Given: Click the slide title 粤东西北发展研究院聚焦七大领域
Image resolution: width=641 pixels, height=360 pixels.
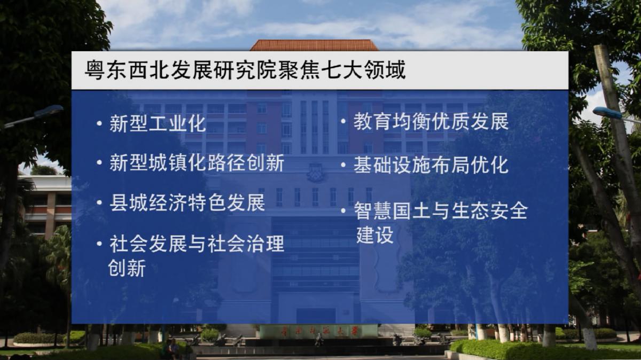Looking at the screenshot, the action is pos(245,69).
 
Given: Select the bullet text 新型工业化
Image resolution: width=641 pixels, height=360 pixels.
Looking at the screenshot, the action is pos(158,123).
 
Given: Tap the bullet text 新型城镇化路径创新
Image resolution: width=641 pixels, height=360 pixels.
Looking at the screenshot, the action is pos(197,163).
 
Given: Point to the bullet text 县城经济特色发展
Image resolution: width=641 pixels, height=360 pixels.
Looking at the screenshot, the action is pos(187,202).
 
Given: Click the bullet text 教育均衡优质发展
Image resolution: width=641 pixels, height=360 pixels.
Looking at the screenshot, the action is pos(431,121).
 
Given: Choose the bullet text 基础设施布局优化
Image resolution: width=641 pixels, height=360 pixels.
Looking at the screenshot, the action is pos(431,165).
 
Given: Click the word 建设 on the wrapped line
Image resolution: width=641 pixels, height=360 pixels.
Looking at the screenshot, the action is pos(375,234).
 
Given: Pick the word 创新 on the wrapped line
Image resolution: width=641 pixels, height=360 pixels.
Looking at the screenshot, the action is pos(127,268).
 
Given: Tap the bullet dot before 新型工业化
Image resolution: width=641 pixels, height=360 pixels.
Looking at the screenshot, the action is pos(99,123).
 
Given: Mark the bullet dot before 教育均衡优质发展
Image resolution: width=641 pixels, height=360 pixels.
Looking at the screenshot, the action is pos(343,121).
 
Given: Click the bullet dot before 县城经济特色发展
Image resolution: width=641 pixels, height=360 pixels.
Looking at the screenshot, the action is pos(99,202).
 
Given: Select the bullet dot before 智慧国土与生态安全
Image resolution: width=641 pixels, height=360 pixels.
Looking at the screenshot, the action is pos(343,211).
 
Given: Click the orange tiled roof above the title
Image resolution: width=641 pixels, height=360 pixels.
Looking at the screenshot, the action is pos(315,45).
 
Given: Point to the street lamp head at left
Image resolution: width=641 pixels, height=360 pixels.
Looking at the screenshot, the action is pos(49,111).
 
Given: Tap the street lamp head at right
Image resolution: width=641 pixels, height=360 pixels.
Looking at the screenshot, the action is pos(607,113).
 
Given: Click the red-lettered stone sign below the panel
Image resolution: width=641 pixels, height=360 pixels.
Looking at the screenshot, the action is pos(318,331).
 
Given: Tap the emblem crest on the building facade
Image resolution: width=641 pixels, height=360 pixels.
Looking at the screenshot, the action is pos(316,173).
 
